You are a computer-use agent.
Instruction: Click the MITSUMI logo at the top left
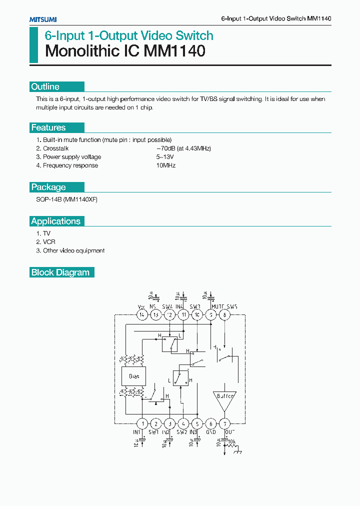(x=42, y=19)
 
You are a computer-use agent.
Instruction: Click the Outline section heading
(x=45, y=86)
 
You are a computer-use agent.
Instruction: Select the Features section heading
(x=48, y=127)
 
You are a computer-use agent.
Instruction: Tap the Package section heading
(x=48, y=187)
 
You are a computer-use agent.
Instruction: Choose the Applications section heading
(x=55, y=221)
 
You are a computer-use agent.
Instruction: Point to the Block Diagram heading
(x=60, y=272)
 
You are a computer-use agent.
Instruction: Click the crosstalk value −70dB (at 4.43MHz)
(x=183, y=148)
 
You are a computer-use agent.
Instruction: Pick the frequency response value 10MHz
(x=166, y=165)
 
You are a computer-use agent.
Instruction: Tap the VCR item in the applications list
(x=49, y=242)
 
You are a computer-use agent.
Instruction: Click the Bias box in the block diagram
(x=134, y=376)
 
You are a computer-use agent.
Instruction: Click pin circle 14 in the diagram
(x=142, y=314)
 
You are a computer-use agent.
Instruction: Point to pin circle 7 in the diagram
(x=225, y=423)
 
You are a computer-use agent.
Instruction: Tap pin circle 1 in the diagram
(x=142, y=423)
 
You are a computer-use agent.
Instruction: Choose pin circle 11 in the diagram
(x=183, y=314)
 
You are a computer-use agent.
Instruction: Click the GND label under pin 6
(x=211, y=432)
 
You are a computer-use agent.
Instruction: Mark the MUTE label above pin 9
(x=217, y=306)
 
